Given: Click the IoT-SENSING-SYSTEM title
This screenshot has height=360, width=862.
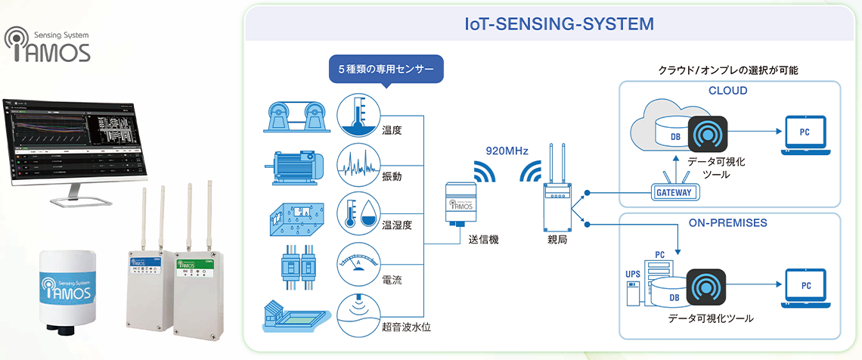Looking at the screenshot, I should click(559, 23).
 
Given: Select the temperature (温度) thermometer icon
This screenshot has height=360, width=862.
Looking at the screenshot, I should click(358, 116).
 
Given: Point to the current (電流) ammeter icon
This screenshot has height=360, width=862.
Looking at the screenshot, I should click(358, 262).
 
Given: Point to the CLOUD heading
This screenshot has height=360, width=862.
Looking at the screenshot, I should click(727, 91).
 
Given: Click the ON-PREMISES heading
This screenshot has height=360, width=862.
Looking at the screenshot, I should click(727, 223).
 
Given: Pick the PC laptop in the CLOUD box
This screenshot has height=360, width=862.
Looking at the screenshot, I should click(806, 133).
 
